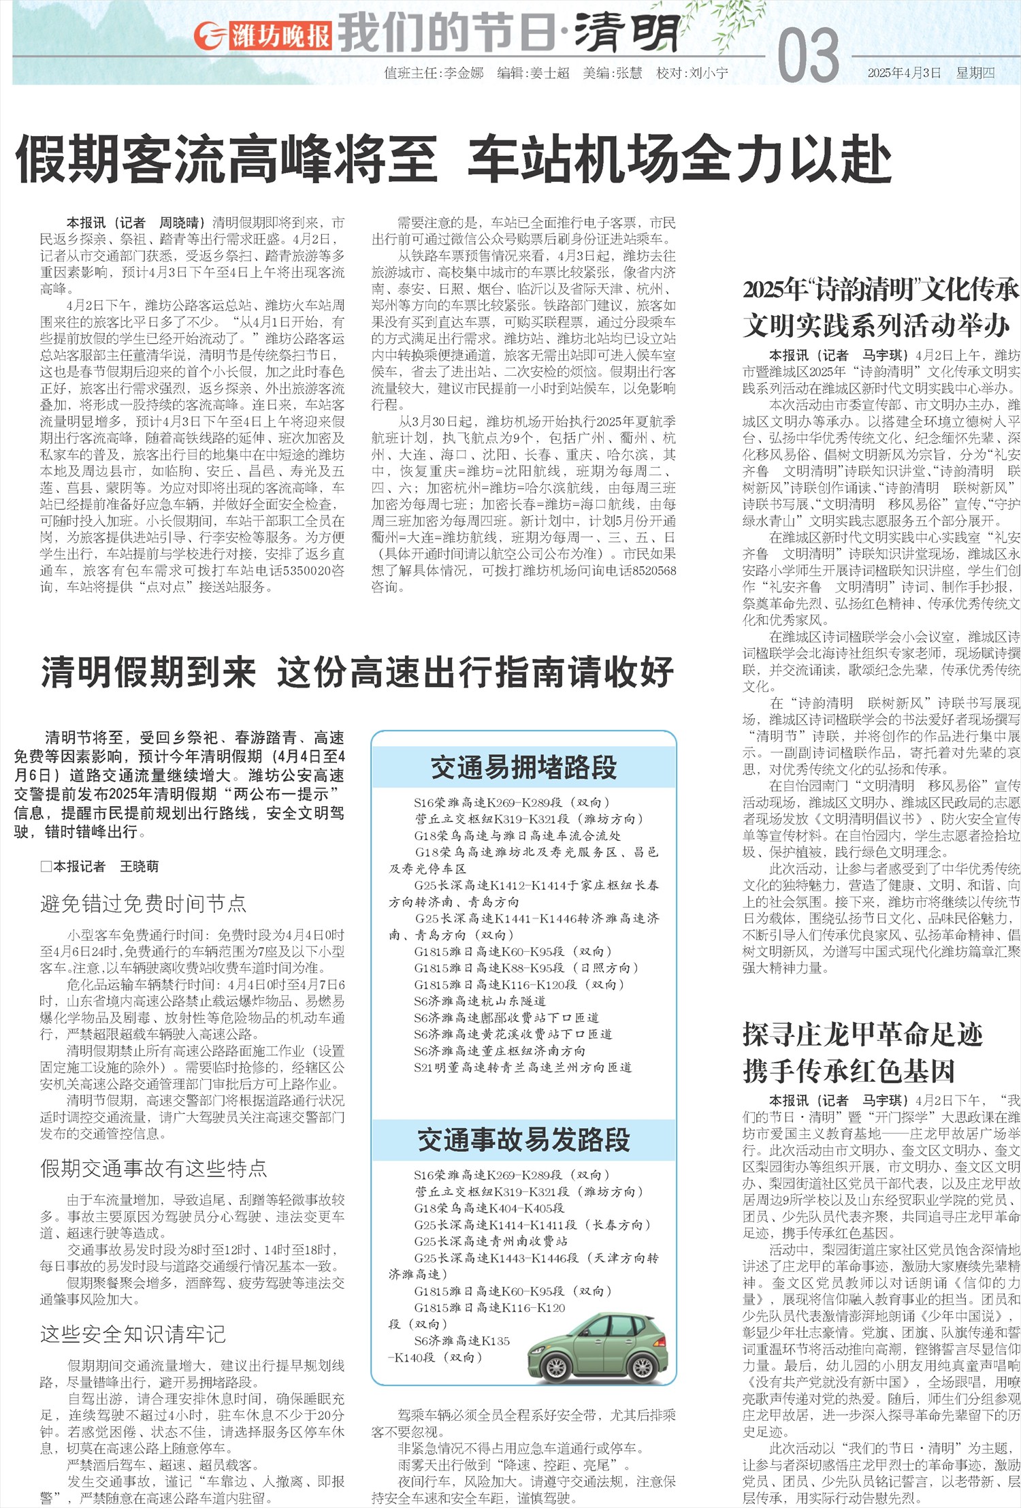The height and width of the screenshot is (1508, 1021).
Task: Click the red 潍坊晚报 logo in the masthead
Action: (x=263, y=35)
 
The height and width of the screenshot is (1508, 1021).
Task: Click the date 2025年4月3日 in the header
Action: (x=904, y=73)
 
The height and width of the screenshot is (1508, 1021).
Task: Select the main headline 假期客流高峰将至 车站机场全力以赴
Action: (x=453, y=159)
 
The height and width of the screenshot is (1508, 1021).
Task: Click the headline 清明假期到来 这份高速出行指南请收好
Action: (x=357, y=673)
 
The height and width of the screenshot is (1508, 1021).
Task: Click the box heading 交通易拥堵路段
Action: (x=523, y=767)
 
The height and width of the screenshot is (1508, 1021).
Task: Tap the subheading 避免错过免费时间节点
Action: (x=143, y=903)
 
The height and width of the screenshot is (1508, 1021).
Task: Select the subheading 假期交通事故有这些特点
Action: (x=153, y=1168)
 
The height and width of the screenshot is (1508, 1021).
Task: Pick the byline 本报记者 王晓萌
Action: (x=99, y=866)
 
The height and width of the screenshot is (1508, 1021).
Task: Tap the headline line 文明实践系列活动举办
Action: (x=877, y=325)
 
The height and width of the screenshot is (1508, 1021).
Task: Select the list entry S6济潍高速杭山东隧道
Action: (x=480, y=1001)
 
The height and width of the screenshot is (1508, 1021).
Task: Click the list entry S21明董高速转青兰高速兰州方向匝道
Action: (x=523, y=1067)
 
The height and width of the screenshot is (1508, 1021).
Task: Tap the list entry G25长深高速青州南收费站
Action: (x=491, y=1241)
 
